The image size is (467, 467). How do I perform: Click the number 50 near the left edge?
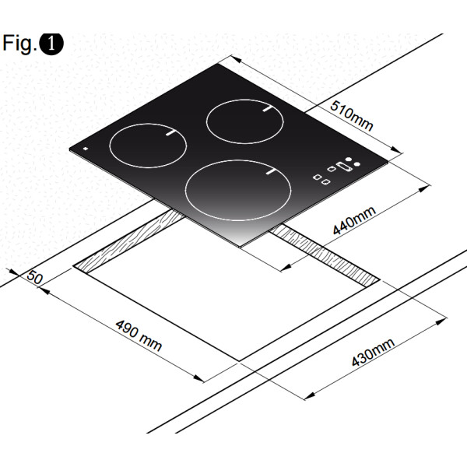click(x=34, y=278)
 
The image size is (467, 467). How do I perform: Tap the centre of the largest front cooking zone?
click(x=234, y=189)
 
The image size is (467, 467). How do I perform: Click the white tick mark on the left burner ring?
click(x=170, y=133)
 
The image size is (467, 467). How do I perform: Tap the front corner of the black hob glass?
click(x=244, y=248)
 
